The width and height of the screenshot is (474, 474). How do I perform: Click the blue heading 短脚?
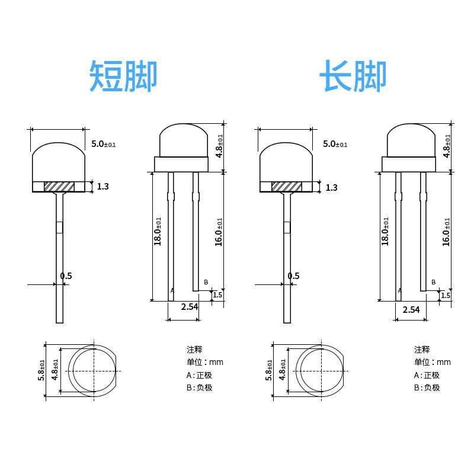(x=123, y=76)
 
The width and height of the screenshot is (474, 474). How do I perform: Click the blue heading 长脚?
(x=353, y=76)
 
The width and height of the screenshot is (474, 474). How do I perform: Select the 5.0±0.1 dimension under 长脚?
(x=335, y=144)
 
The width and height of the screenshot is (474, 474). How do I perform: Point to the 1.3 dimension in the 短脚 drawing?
(x=103, y=187)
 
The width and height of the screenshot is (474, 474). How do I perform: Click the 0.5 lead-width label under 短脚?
(x=66, y=276)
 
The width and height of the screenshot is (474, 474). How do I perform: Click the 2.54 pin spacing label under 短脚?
(x=189, y=306)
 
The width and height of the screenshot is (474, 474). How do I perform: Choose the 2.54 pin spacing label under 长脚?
(x=411, y=309)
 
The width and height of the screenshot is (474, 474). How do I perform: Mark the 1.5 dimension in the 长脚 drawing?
(x=446, y=295)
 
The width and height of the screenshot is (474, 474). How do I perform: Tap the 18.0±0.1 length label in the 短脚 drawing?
(x=158, y=231)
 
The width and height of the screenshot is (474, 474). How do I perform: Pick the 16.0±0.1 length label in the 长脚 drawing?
(x=447, y=231)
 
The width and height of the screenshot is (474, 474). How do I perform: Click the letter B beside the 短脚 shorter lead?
(x=206, y=281)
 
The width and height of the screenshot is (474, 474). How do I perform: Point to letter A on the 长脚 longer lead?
(x=399, y=290)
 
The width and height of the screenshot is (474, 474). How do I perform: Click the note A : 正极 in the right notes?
(x=427, y=375)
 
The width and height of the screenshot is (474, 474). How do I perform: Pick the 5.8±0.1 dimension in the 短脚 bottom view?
(x=41, y=370)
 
